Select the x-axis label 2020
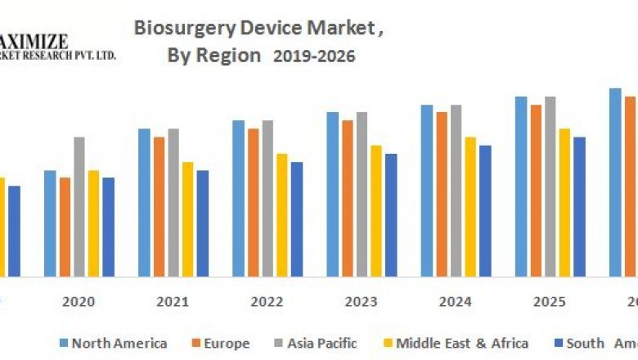[79, 302]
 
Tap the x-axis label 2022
[267, 302]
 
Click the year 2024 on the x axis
[455, 302]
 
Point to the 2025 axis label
[549, 302]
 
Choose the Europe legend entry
[222, 344]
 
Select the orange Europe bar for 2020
[65, 227]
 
